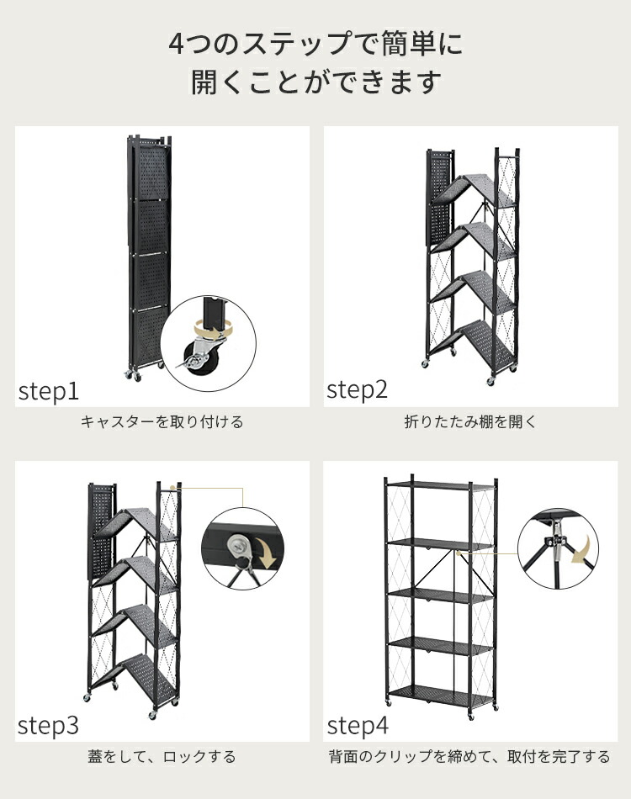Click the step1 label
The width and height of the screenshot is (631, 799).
(x=49, y=392)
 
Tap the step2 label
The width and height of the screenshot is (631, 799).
(x=358, y=389)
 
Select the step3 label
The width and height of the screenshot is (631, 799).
(x=48, y=725)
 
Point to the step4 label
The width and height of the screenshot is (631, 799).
(x=358, y=725)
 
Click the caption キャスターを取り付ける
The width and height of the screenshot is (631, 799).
(x=162, y=422)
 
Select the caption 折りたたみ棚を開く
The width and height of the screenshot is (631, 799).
(x=470, y=422)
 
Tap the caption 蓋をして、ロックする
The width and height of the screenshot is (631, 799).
(x=162, y=757)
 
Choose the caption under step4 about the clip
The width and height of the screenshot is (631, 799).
(x=469, y=757)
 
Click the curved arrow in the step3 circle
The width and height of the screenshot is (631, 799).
(x=266, y=553)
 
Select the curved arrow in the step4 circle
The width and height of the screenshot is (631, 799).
(x=585, y=549)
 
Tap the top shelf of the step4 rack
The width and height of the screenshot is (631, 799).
(x=440, y=485)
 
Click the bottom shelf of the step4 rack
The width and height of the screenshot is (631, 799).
(x=440, y=693)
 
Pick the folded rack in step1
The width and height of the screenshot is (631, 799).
(x=149, y=255)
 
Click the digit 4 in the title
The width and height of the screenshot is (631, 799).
(x=176, y=44)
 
